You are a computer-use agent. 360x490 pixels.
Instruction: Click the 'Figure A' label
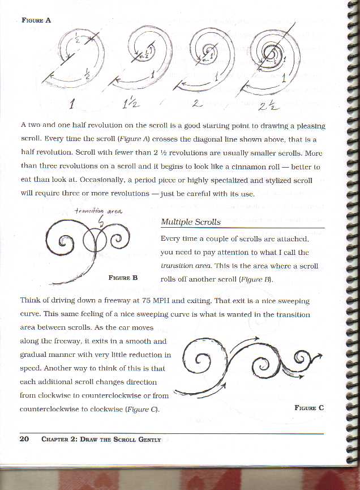pos(36,20)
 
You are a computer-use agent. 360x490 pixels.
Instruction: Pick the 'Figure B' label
pos(123,278)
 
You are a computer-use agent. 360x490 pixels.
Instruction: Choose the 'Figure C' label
pos(309,407)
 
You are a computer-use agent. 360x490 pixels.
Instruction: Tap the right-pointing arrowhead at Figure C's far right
pos(320,355)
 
